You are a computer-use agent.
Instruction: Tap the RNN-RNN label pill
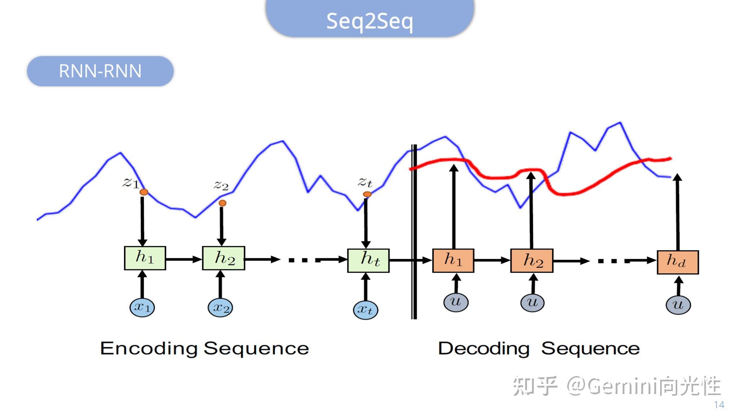tap(100, 71)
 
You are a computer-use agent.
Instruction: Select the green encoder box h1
tap(145, 258)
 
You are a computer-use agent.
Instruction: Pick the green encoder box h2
tap(224, 258)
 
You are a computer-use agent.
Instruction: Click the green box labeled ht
tap(368, 260)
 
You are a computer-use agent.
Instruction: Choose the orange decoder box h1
tap(453, 260)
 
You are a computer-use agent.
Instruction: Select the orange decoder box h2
tap(532, 260)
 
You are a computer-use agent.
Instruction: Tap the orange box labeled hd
tap(677, 262)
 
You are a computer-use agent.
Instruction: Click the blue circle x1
tap(142, 307)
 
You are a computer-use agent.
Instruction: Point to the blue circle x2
tap(220, 308)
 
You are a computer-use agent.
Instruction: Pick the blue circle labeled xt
tap(365, 310)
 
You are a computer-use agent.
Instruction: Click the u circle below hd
tap(678, 304)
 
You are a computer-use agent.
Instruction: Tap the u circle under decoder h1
tap(456, 302)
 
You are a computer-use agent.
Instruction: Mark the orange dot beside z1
tap(144, 192)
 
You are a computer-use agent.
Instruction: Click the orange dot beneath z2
tap(223, 203)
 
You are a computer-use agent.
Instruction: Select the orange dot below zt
tap(367, 194)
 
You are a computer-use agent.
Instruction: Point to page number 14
tap(719, 405)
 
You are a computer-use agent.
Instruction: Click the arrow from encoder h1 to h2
tap(184, 259)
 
